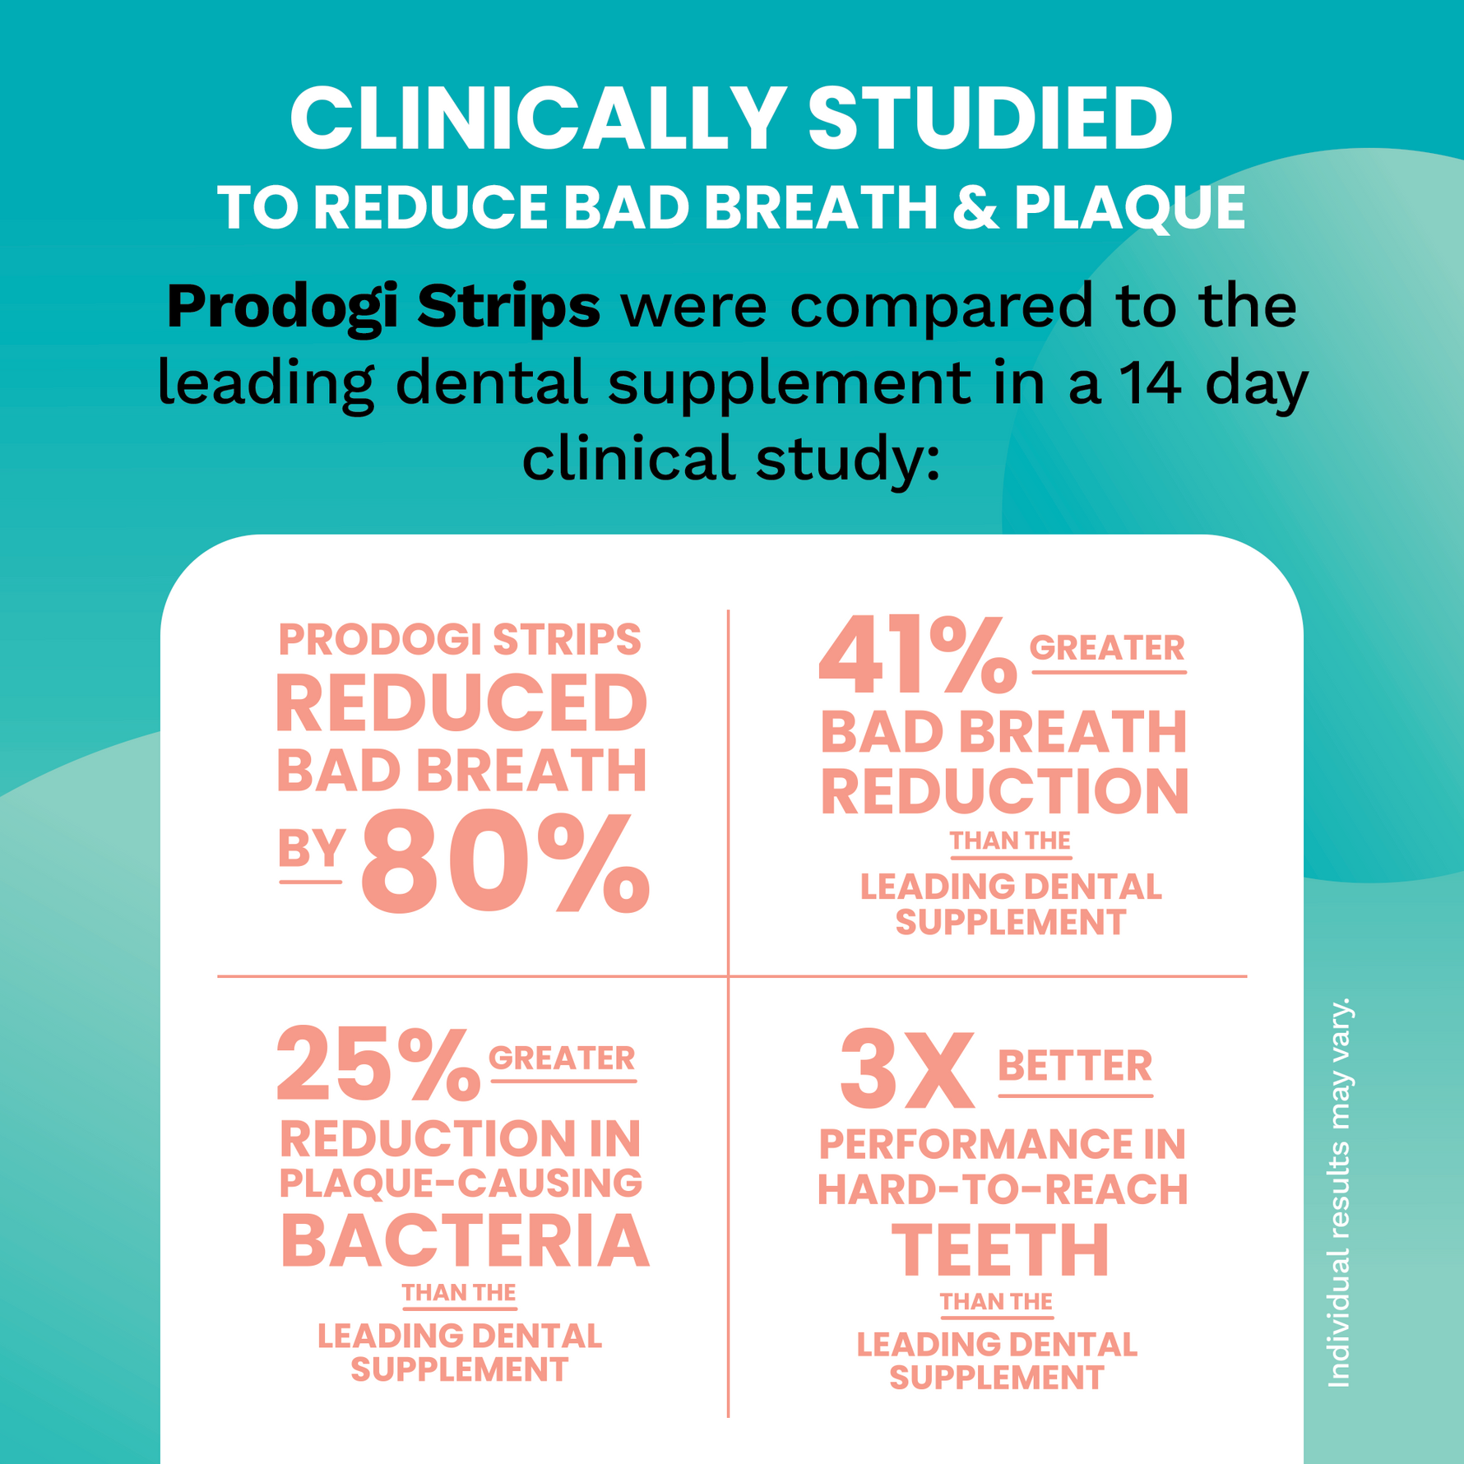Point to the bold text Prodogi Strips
click(x=383, y=306)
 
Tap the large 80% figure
click(x=505, y=863)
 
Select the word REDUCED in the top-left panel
click(x=461, y=704)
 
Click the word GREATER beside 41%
click(x=1107, y=648)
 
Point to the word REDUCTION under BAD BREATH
click(x=1004, y=791)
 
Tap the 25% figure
click(x=378, y=1064)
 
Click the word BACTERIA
click(x=465, y=1242)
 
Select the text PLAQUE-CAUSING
click(x=461, y=1184)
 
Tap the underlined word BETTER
click(x=1075, y=1067)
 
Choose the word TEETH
click(x=1001, y=1250)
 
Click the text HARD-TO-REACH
click(x=1003, y=1189)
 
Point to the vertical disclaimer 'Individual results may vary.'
click(x=1340, y=1192)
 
